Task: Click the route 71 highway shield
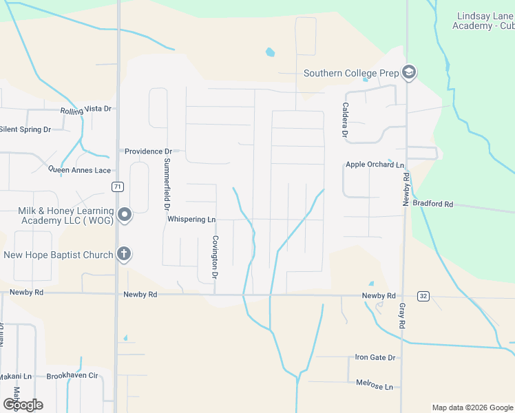[118, 187]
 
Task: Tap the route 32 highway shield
[423, 296]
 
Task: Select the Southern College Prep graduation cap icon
[409, 73]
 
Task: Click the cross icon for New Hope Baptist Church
[124, 255]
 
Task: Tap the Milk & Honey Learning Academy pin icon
[125, 215]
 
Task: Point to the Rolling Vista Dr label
[86, 109]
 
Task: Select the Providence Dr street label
[148, 151]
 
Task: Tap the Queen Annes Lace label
[79, 170]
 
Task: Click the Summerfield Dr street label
[167, 184]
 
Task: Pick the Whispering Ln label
[191, 220]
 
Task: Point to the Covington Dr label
[215, 257]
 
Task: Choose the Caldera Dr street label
[344, 120]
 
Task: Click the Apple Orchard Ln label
[375, 165]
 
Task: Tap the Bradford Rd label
[438, 204]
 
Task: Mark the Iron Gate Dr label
[375, 358]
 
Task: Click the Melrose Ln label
[375, 384]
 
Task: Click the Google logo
[23, 405]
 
